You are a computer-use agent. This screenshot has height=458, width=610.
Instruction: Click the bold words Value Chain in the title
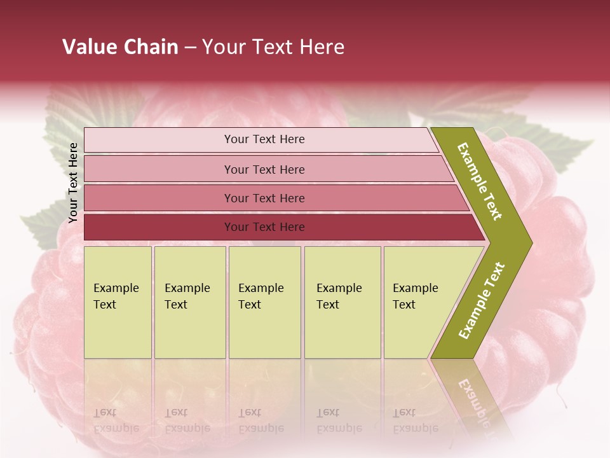pyautogui.click(x=120, y=47)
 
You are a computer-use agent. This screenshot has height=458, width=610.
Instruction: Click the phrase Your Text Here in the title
pyautogui.click(x=273, y=47)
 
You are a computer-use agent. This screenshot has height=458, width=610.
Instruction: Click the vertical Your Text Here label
pyautogui.click(x=73, y=183)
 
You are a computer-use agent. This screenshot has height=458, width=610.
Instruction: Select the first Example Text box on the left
pyautogui.click(x=118, y=302)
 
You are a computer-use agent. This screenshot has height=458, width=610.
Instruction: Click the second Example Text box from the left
pyautogui.click(x=189, y=302)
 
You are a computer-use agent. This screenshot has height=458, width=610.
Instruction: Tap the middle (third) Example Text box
pyautogui.click(x=264, y=302)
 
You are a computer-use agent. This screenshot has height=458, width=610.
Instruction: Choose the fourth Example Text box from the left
pyautogui.click(x=342, y=302)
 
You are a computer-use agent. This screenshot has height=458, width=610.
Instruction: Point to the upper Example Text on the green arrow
pyautogui.click(x=480, y=181)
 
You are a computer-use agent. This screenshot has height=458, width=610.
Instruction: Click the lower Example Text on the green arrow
pyautogui.click(x=482, y=301)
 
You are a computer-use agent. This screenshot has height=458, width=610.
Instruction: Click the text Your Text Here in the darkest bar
pyautogui.click(x=264, y=227)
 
